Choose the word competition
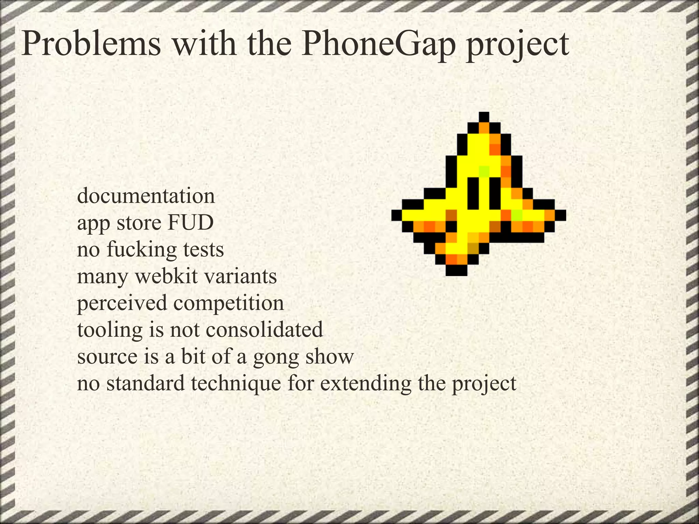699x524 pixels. click(x=229, y=303)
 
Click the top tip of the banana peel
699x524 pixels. click(x=484, y=117)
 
